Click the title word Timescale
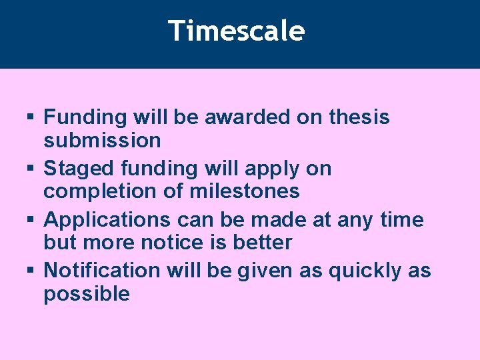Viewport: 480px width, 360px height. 237,31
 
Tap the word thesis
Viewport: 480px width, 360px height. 359,117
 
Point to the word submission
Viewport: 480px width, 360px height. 102,141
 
